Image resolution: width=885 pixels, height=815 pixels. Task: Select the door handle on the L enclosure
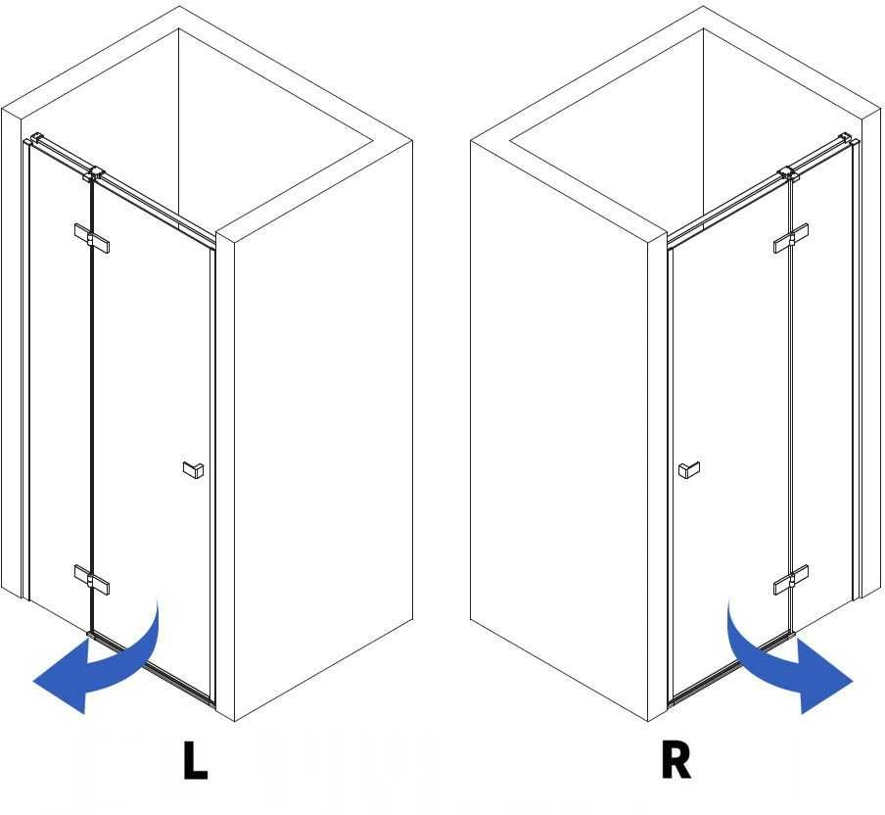point(194,470)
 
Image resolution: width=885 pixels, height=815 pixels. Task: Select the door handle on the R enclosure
point(689,470)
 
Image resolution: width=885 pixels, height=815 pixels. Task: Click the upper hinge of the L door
point(92,238)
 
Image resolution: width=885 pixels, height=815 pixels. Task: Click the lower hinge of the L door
point(92,580)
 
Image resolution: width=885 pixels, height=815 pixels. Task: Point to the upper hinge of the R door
point(791,238)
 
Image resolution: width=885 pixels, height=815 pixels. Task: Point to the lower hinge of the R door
point(791,580)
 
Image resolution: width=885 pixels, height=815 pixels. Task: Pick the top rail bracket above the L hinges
point(94,174)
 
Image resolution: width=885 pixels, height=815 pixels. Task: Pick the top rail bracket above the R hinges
point(788,174)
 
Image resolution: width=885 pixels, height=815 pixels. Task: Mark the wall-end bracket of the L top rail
point(36,138)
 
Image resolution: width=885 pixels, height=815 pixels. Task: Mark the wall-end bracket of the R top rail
point(846,138)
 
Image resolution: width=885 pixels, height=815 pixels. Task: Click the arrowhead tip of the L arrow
point(33,682)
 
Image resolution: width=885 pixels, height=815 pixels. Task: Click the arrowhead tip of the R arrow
point(853,682)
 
